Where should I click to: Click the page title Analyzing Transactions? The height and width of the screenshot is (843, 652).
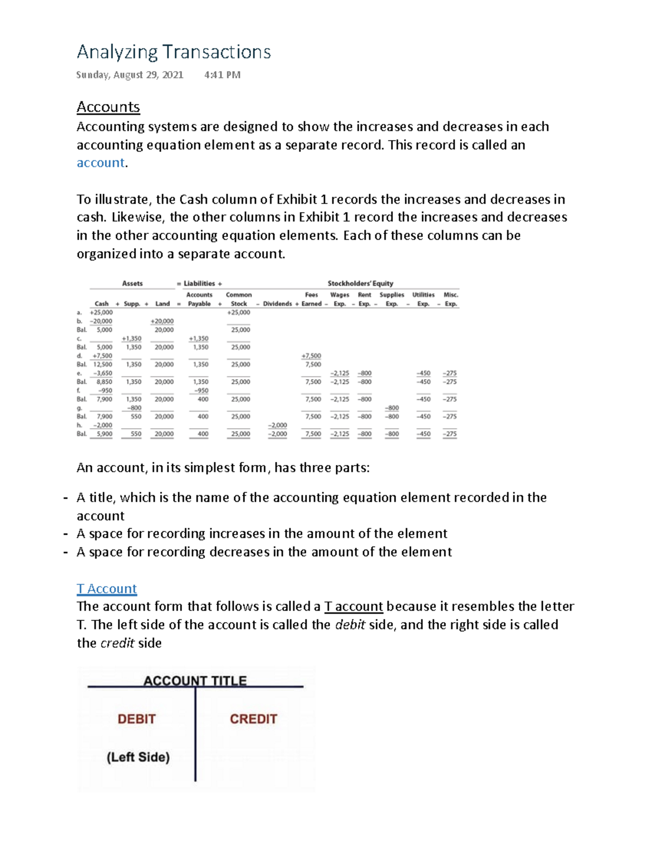[x=173, y=52]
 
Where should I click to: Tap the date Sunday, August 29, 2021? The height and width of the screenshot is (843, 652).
[x=129, y=75]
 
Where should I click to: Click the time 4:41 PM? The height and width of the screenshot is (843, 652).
[x=222, y=75]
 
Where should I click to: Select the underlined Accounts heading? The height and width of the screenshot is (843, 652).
[x=108, y=107]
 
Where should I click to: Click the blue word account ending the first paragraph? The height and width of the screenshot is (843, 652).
[x=101, y=163]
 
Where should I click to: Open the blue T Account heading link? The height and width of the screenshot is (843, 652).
[x=106, y=588]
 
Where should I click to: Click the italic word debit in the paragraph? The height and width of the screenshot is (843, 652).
[x=350, y=625]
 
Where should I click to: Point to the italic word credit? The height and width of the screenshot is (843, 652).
[x=117, y=643]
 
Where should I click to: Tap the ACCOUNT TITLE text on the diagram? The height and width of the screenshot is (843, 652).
[x=195, y=680]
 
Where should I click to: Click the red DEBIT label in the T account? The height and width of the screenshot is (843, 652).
[x=136, y=719]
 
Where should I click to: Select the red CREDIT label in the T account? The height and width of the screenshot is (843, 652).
[x=253, y=719]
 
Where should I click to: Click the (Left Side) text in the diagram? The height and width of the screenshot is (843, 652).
[x=138, y=757]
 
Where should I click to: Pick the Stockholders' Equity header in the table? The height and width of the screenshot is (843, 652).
[x=360, y=283]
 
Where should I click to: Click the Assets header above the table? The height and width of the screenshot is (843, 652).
[x=132, y=283]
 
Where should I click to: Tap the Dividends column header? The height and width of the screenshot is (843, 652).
[x=277, y=304]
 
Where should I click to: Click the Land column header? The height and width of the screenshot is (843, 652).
[x=162, y=304]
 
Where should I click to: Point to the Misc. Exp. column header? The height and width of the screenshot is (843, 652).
[x=451, y=299]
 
